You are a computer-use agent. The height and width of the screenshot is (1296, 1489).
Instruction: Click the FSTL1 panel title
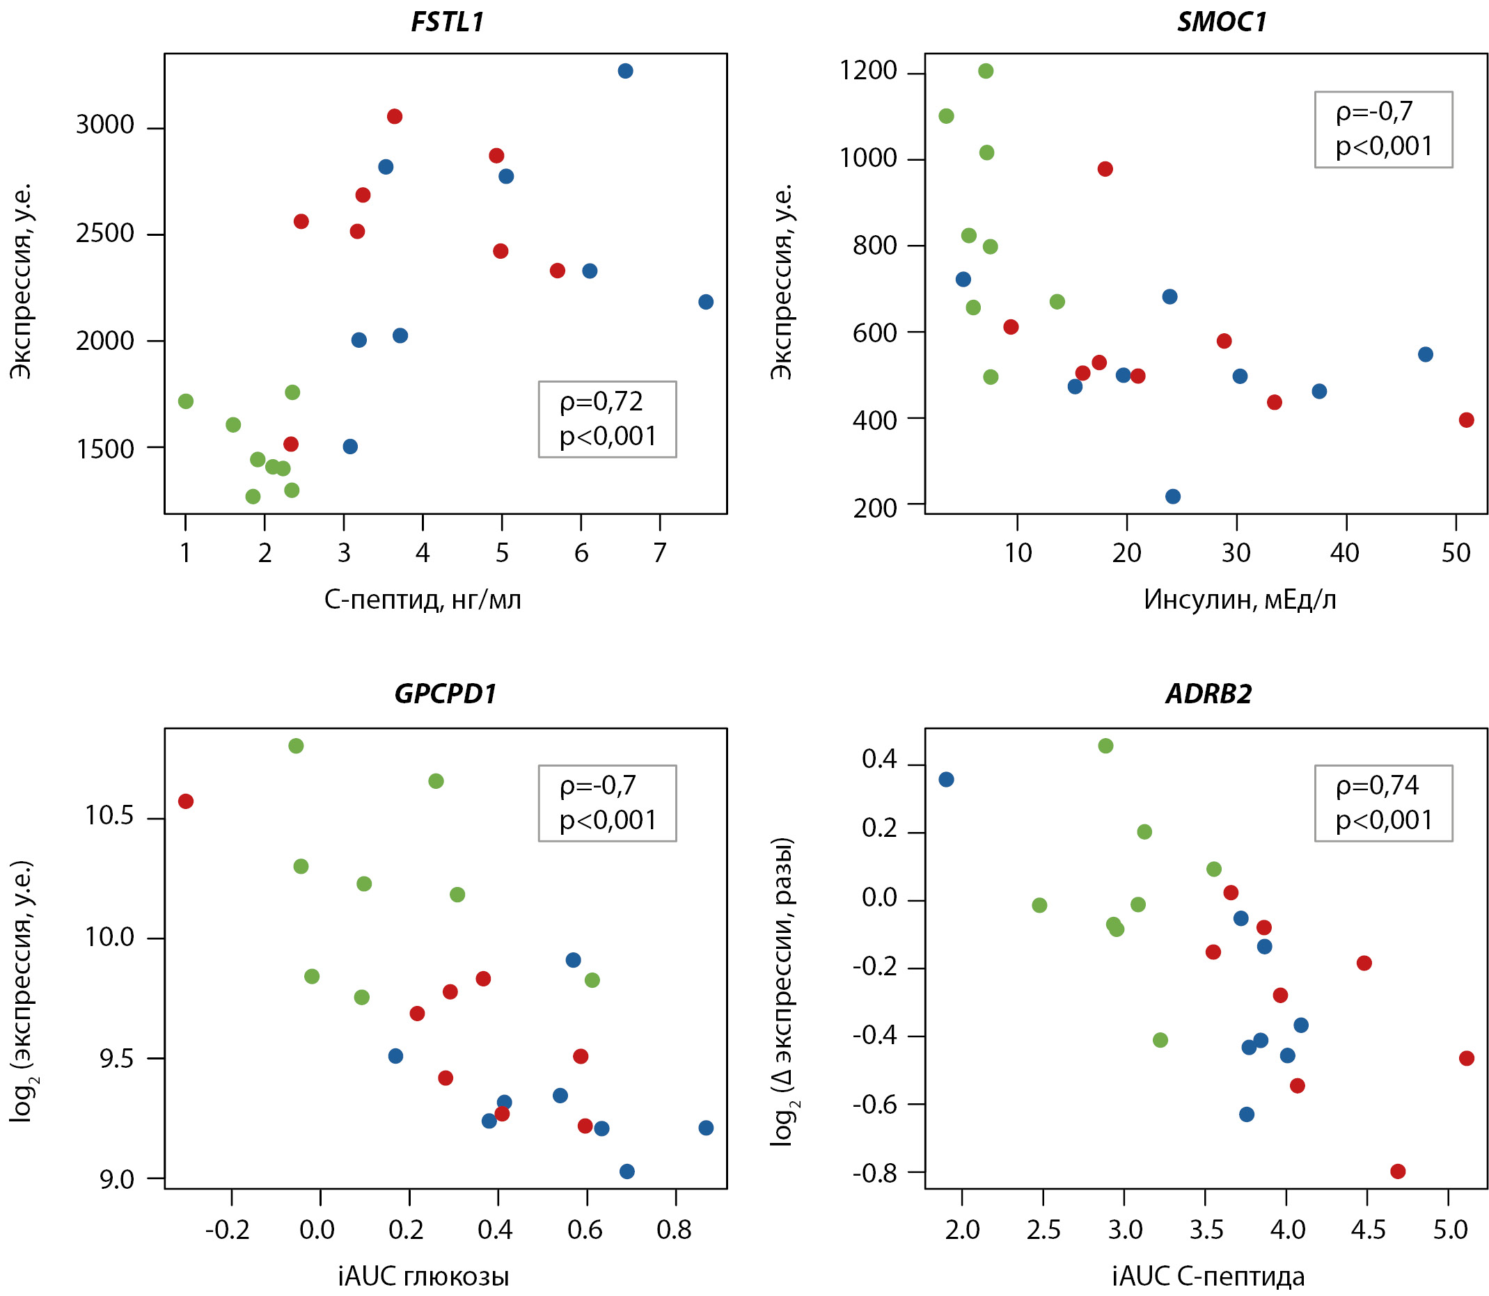pyautogui.click(x=446, y=22)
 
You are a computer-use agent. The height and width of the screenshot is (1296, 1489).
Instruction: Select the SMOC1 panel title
pyautogui.click(x=1221, y=22)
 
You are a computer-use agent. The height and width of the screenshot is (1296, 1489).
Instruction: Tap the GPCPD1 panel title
pyautogui.click(x=445, y=694)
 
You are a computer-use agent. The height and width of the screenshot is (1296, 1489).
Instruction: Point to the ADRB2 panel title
pyautogui.click(x=1208, y=694)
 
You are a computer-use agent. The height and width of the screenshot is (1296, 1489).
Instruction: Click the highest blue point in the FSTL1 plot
pyautogui.click(x=625, y=71)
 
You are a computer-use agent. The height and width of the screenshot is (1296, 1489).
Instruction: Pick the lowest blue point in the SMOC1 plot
pyautogui.click(x=1173, y=496)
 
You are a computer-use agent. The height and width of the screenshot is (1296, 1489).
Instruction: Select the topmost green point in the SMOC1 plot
pyautogui.click(x=986, y=71)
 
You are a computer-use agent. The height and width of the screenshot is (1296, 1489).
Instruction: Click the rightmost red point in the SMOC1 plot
pyautogui.click(x=1466, y=420)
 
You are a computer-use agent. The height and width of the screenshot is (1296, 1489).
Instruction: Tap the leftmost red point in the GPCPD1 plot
pyautogui.click(x=186, y=801)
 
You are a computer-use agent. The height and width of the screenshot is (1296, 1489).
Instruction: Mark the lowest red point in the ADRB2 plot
pyautogui.click(x=1398, y=1171)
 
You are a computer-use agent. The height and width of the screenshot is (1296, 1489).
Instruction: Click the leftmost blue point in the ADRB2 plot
pyautogui.click(x=946, y=780)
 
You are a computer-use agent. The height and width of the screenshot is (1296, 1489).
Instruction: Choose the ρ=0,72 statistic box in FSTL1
pyautogui.click(x=607, y=419)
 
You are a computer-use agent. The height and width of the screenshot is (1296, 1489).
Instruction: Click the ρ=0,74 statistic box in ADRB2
pyautogui.click(x=1382, y=803)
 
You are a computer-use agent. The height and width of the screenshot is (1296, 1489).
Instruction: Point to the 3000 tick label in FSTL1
pyautogui.click(x=105, y=125)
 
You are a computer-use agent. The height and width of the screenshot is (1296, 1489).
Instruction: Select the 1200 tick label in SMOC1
pyautogui.click(x=867, y=71)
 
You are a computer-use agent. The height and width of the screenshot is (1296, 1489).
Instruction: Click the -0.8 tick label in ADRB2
pyautogui.click(x=875, y=1173)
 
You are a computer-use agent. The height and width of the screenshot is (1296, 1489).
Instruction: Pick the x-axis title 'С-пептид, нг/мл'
pyautogui.click(x=423, y=600)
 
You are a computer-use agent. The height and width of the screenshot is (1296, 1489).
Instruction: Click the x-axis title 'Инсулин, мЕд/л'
pyautogui.click(x=1239, y=600)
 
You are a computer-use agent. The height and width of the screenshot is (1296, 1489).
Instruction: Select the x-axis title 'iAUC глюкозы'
pyautogui.click(x=423, y=1277)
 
